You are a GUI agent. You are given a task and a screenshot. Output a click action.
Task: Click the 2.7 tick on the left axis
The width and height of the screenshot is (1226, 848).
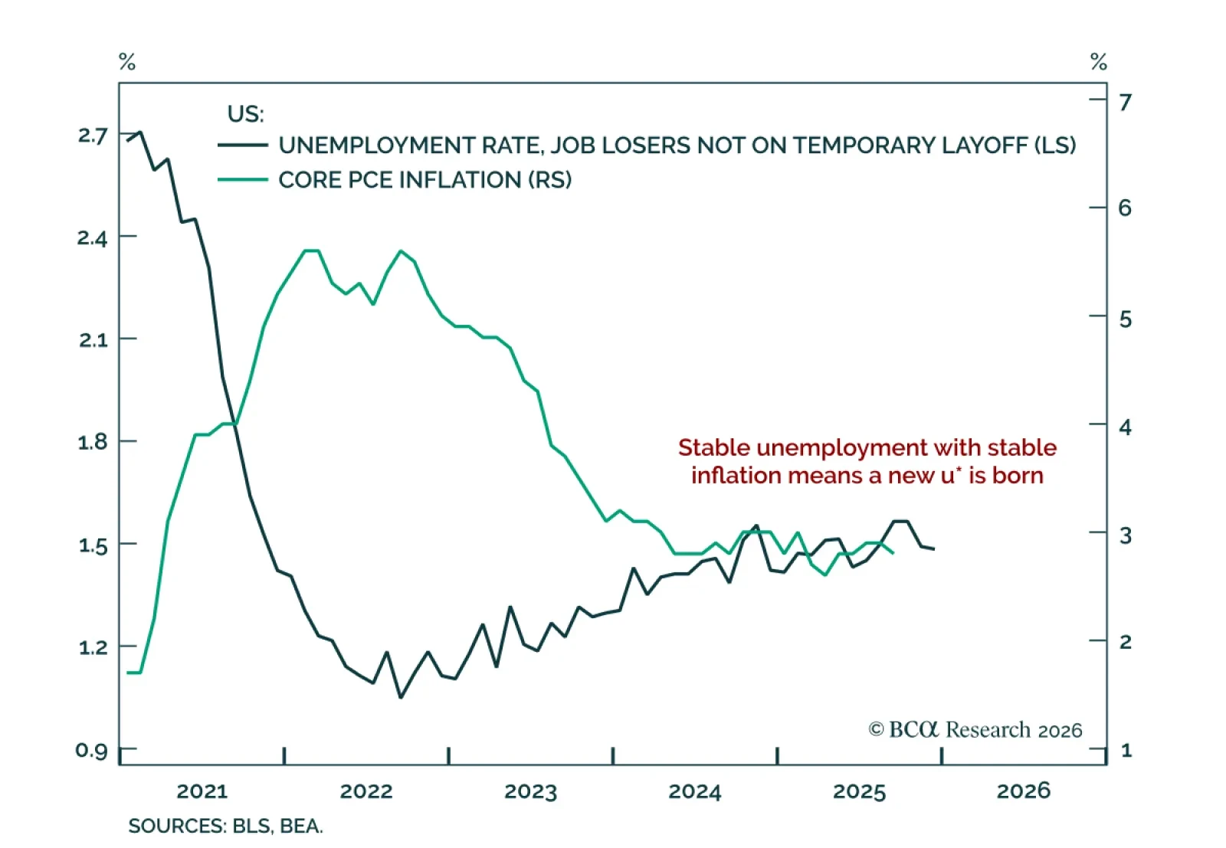coord(93,136)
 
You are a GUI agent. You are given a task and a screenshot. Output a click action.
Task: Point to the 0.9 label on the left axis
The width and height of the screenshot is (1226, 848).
coord(92,750)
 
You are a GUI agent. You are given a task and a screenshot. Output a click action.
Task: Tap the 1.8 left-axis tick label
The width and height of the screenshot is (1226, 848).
coord(93,442)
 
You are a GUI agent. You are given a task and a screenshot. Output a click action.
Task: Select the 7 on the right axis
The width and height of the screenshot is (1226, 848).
coord(1125,102)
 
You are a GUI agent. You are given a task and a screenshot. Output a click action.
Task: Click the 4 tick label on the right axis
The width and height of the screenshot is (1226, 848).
coord(1125,427)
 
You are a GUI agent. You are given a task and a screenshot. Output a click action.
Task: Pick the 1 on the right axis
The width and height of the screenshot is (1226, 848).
coord(1126,750)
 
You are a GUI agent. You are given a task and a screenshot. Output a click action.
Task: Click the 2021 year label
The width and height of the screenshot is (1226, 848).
coord(202,791)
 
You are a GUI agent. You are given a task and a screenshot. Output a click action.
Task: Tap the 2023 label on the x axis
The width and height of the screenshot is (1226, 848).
coord(530,791)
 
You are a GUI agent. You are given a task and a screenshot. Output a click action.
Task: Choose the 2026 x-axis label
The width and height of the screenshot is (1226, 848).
coord(1023,791)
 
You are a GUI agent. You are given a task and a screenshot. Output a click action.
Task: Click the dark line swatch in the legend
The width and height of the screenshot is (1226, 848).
coord(243,145)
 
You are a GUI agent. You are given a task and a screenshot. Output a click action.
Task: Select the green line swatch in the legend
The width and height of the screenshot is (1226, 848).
coord(243,180)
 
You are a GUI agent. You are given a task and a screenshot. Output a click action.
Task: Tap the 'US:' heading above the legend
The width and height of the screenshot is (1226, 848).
coord(245,114)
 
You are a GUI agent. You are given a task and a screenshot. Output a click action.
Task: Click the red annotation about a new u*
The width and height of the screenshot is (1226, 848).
coord(867,461)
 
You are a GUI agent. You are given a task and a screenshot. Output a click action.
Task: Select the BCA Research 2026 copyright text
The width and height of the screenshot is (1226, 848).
coord(975,729)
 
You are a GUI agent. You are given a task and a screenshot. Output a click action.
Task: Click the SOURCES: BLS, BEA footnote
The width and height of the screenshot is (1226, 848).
coord(225,826)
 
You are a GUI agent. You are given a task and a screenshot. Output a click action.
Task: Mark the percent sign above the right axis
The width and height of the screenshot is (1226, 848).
coord(1099,62)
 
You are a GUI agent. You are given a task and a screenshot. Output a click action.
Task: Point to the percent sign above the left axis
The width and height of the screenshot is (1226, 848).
coord(127,62)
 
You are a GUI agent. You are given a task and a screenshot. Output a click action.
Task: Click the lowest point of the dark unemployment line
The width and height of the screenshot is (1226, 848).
coord(401,696)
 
